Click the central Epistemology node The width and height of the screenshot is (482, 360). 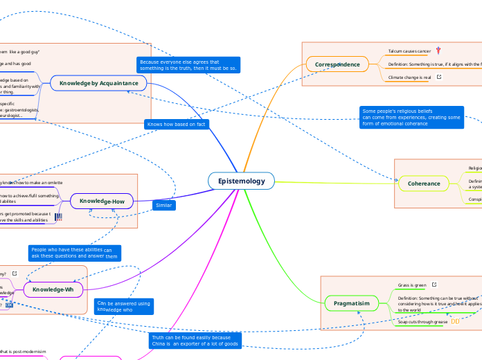[241, 181]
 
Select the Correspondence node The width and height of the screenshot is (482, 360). [337, 65]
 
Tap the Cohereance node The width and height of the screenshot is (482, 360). [424, 183]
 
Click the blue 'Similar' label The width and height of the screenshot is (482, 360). [163, 205]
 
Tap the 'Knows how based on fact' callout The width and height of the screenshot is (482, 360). [177, 124]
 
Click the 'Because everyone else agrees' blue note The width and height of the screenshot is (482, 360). [188, 65]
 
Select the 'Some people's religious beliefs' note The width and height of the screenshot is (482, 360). [411, 117]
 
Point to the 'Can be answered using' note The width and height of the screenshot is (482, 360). [123, 306]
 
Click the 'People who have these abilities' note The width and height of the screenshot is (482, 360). [74, 253]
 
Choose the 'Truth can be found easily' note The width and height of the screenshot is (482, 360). [195, 341]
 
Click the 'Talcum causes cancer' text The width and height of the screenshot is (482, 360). [409, 51]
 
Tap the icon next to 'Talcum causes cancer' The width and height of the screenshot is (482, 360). [438, 51]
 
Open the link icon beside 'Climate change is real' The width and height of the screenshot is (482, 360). [439, 78]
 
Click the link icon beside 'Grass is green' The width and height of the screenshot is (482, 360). [434, 285]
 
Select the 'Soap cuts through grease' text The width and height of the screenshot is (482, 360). [422, 322]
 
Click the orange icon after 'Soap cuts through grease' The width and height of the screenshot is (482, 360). [455, 322]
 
